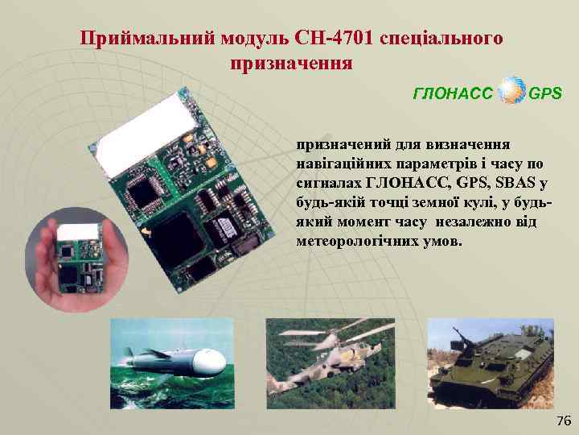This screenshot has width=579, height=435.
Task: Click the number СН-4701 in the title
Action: [334, 38]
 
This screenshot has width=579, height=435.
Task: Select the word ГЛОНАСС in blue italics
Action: [453, 94]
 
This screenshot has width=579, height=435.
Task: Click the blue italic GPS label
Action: [546, 94]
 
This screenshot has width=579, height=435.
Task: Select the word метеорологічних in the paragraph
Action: [348, 240]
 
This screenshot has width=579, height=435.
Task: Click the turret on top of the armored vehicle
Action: [483, 334]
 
